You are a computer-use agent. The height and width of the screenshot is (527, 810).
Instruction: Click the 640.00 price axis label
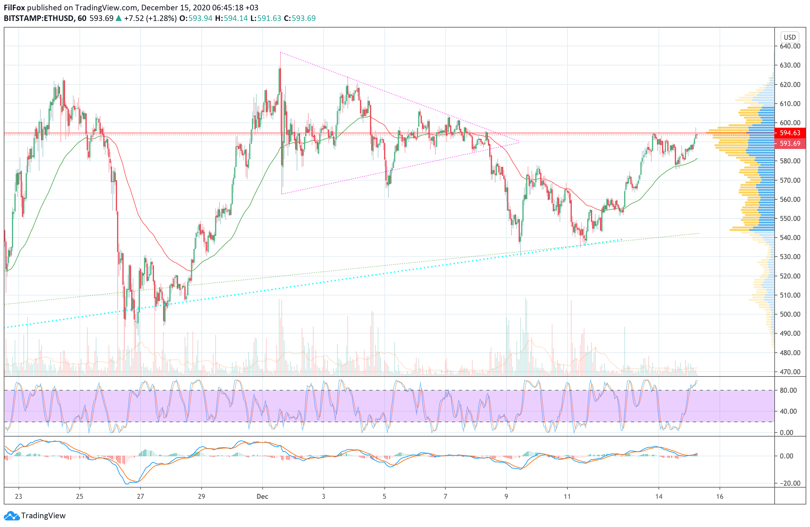tap(790, 46)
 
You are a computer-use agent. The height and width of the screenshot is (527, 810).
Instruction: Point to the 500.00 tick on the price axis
tap(790, 314)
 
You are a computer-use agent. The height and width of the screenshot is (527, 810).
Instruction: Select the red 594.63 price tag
tap(790, 133)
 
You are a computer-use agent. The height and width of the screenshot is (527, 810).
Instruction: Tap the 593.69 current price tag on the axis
tap(790, 144)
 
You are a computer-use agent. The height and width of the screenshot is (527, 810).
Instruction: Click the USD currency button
tap(790, 37)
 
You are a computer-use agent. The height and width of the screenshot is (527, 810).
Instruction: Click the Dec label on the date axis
tap(262, 496)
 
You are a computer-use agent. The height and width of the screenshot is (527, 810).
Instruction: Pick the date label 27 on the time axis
tap(140, 496)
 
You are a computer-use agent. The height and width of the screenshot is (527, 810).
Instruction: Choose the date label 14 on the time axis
tap(659, 496)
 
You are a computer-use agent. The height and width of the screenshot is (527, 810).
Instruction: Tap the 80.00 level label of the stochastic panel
tap(788, 390)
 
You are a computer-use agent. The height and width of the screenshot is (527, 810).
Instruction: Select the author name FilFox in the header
tap(14, 8)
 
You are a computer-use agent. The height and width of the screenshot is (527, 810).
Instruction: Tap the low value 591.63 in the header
tap(269, 18)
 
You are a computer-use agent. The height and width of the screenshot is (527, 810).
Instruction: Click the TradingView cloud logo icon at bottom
tap(12, 516)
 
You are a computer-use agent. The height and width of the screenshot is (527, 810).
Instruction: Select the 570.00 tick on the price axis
tap(790, 180)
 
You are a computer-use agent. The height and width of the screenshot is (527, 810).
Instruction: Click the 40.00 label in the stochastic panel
tap(788, 411)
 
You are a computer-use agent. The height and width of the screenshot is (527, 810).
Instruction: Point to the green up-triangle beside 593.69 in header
tap(118, 18)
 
